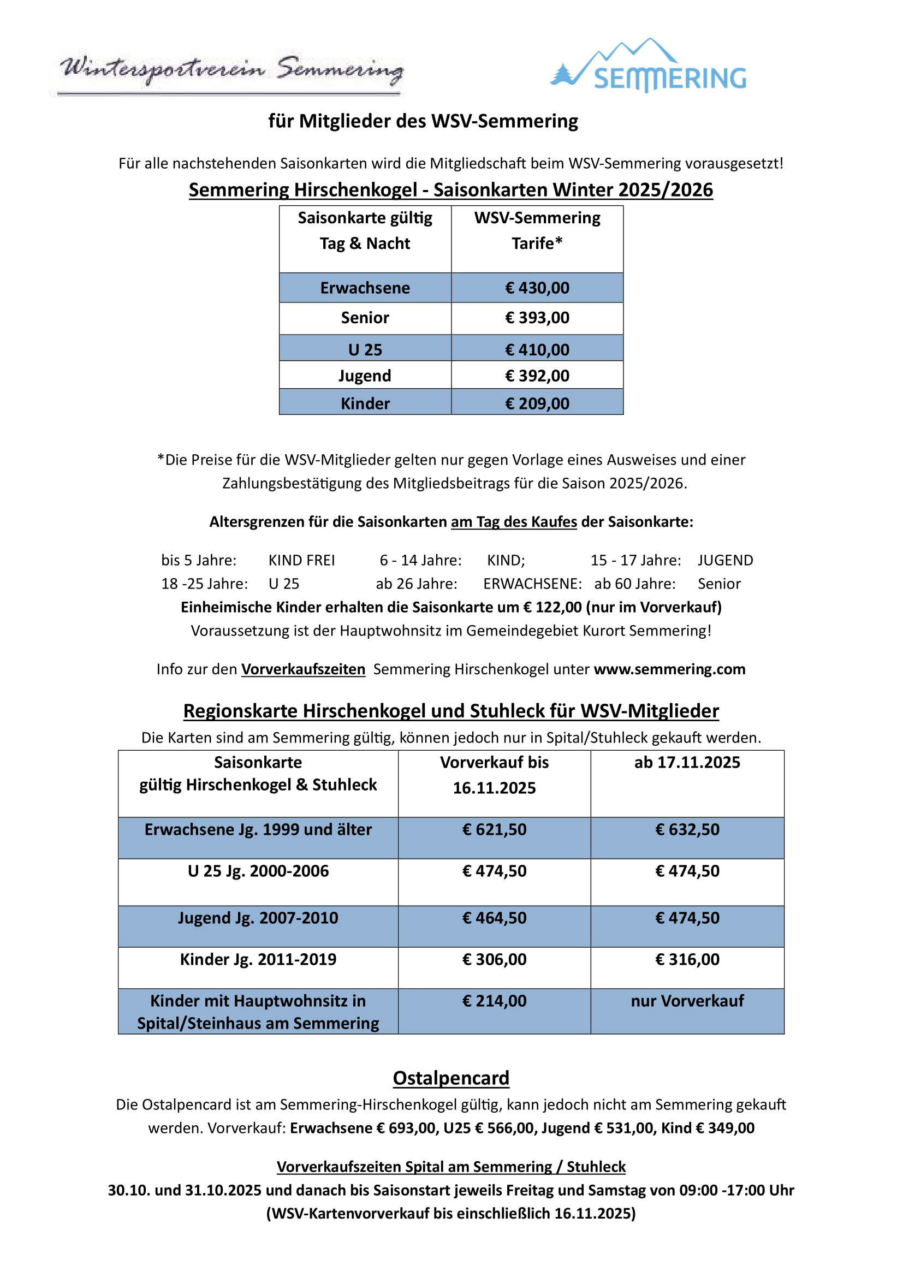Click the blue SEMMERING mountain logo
coord(649,67)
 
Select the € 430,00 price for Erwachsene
coord(537,288)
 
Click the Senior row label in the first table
coord(365,318)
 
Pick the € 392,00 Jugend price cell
coord(537,376)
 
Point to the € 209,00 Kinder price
coord(537,404)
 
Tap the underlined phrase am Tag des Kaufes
coord(513,522)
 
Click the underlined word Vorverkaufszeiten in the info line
coord(303,670)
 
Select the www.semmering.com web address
coord(669,670)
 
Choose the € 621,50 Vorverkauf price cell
coord(494,830)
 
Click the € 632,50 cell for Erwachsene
coord(687,830)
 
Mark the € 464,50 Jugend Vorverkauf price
coord(494,918)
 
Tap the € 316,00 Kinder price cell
coord(687,959)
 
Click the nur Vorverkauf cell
coord(687,1001)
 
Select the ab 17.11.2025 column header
coord(687,763)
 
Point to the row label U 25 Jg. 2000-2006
coord(258,871)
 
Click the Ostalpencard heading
coord(450,1078)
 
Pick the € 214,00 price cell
coord(494,1001)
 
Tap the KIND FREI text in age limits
coord(301,561)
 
